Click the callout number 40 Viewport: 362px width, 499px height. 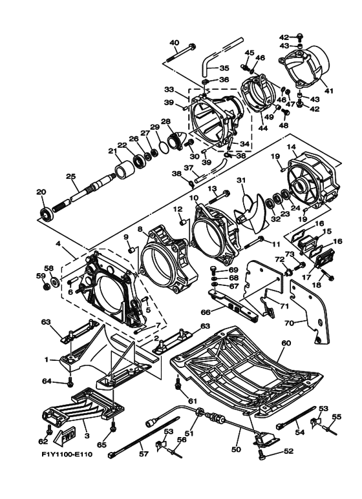pyautogui.click(x=174, y=43)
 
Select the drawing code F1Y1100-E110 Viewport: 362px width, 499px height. pyautogui.click(x=67, y=454)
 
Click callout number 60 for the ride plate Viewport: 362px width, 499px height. pyautogui.click(x=286, y=343)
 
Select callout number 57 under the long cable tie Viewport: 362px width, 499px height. pyautogui.click(x=144, y=454)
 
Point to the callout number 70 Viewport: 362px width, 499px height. pyautogui.click(x=289, y=323)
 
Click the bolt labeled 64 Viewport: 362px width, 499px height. pyautogui.click(x=70, y=382)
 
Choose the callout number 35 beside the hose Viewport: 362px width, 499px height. pyautogui.click(x=224, y=68)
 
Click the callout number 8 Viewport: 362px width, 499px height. pyautogui.click(x=140, y=229)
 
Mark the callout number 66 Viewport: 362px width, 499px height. pyautogui.click(x=206, y=312)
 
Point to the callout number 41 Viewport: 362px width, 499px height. pyautogui.click(x=328, y=91)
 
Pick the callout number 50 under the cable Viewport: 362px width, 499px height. pyautogui.click(x=237, y=450)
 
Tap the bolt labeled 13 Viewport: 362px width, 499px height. pyautogui.click(x=220, y=198)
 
